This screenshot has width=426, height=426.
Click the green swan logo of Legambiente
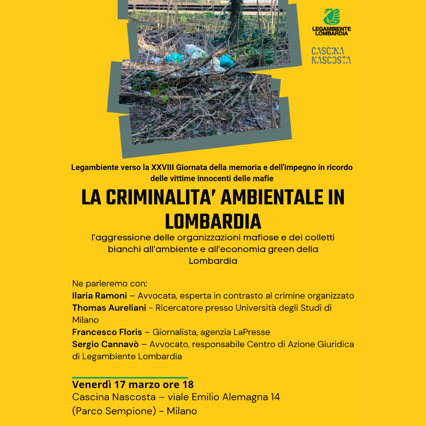(331, 17)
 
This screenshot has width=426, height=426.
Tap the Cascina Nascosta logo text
(331, 56)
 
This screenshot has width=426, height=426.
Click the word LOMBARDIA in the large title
(213, 222)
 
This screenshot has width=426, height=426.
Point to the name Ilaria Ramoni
(99, 295)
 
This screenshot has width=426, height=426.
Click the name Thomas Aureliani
(109, 308)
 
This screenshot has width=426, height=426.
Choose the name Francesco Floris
(107, 332)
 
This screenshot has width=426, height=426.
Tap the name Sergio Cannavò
(105, 344)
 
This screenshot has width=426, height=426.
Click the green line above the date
(130, 377)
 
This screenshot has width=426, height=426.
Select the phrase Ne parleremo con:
(110, 283)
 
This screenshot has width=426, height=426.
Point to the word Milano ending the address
(181, 411)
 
